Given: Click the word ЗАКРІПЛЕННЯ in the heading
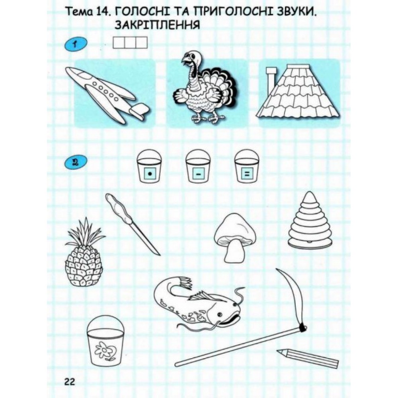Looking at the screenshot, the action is click(x=157, y=25).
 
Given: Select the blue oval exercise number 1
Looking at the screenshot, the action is click(x=76, y=45).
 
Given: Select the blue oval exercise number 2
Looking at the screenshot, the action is click(x=76, y=162).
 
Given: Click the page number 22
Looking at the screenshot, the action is click(x=70, y=382).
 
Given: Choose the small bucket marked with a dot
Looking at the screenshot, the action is click(x=150, y=166).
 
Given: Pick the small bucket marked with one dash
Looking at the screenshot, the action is click(x=198, y=166).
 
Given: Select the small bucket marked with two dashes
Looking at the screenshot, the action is click(x=247, y=166).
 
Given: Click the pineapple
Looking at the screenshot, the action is click(x=84, y=253).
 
